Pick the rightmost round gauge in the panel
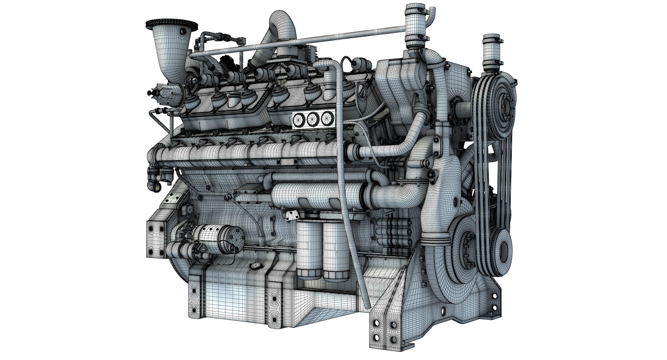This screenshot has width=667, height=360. coord(326,119)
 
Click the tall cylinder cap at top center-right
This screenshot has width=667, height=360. coord(415,26)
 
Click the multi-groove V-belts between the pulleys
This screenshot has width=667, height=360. coord(484,174)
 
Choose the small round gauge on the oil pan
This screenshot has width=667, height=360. coord(256,265)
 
